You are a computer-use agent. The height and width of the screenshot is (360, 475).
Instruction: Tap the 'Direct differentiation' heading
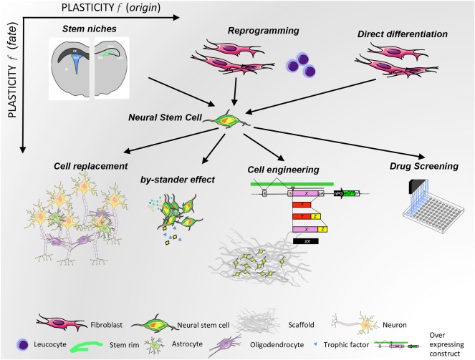403,34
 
